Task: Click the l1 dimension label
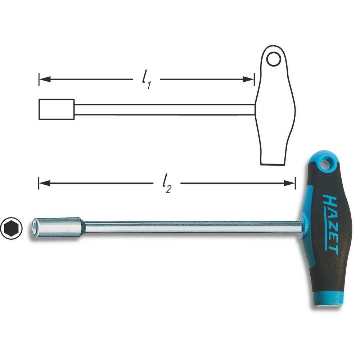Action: [146, 81]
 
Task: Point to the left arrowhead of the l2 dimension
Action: [45, 183]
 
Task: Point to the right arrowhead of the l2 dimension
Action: [289, 183]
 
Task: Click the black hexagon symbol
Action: [12, 228]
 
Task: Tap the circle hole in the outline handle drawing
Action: [274, 59]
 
